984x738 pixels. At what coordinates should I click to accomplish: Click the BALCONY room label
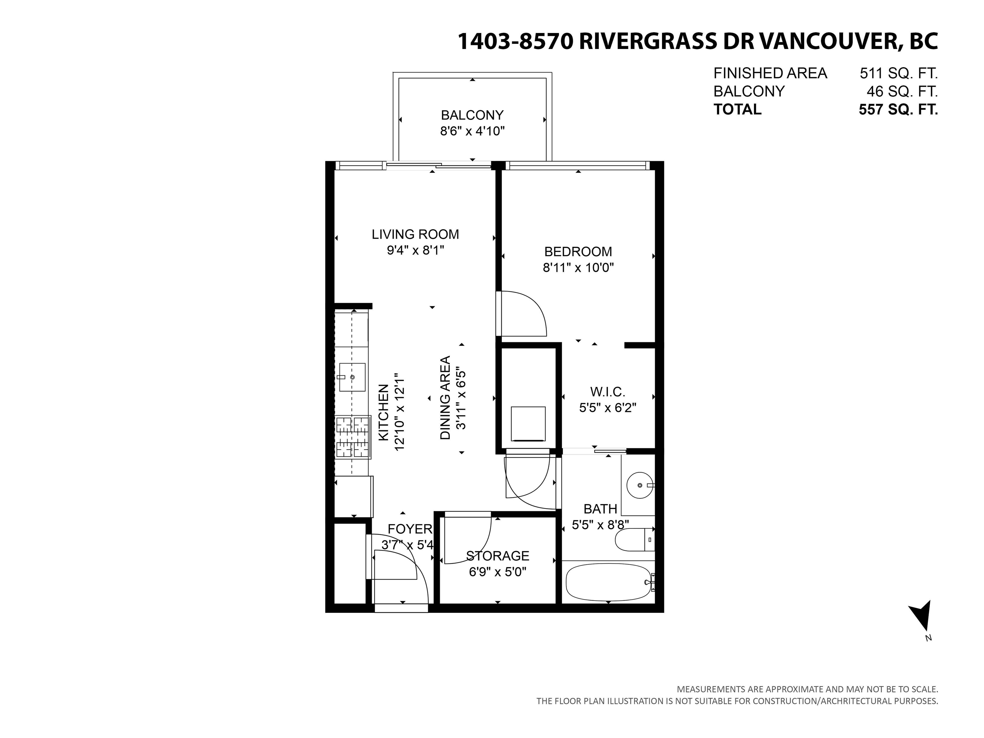tap(472, 115)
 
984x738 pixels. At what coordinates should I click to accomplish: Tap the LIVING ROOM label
tap(415, 234)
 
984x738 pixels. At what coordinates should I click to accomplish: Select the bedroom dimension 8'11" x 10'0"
tap(578, 268)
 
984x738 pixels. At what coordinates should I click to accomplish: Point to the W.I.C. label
tap(608, 392)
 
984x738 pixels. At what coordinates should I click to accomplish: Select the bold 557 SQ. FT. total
tap(898, 110)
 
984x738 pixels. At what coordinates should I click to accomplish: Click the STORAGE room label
tap(498, 556)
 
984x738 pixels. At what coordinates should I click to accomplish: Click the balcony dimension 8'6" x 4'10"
tap(472, 131)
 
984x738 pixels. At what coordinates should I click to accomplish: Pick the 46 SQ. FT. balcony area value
tap(902, 92)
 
